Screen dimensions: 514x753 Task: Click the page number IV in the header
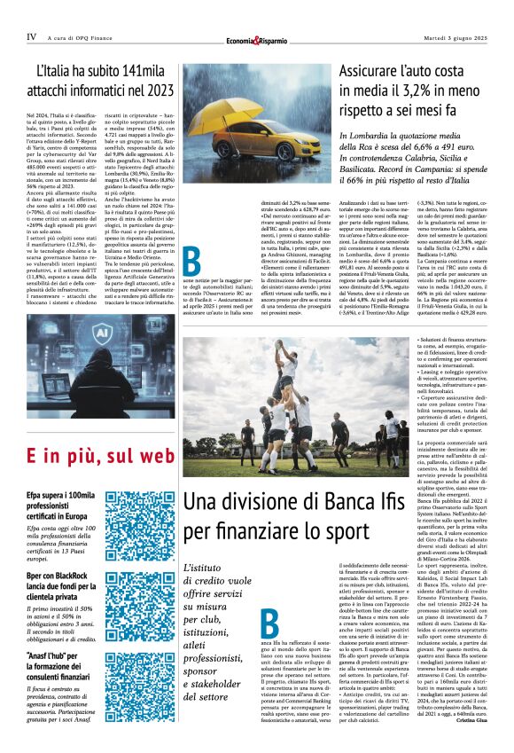[x=32, y=37]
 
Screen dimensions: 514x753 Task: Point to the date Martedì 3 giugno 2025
[x=452, y=37]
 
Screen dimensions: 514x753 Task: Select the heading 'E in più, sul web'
[x=99, y=458]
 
